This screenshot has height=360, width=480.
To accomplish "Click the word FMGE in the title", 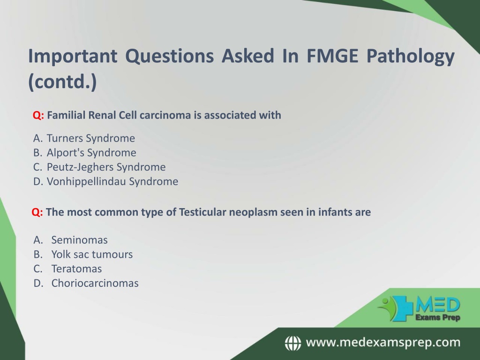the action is coord(332,56).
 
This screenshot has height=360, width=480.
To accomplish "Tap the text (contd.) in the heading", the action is coord(62,82).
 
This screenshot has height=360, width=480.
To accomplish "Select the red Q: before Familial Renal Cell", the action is coord(38,115).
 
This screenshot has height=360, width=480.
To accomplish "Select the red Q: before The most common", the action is coord(37,212).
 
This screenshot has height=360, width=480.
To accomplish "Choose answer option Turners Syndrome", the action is coord(90,138).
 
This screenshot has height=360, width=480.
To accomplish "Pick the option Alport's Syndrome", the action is coord(91,153).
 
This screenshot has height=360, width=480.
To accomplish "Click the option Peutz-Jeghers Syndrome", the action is coord(106,167).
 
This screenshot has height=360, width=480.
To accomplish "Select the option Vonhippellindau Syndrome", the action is coord(112,181).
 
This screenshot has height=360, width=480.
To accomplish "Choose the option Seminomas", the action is coord(79,240).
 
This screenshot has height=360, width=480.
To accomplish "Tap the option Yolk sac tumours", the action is coord(92,255).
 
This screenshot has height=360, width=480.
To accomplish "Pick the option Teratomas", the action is coord(76,269).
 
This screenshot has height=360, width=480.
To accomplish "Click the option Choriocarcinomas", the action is coord(95,283).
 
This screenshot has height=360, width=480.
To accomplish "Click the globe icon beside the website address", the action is coord(293,343).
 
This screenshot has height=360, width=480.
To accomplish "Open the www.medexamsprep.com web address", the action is coord(383,343).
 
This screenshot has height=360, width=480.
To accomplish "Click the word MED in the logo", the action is coord(438,305).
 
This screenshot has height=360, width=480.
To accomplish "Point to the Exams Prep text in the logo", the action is coord(438,317).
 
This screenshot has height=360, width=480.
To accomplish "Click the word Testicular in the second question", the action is coord(202,212).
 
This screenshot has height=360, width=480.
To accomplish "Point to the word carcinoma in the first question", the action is coord(165,115).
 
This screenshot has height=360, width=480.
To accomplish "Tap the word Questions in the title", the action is coord(170,57).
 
